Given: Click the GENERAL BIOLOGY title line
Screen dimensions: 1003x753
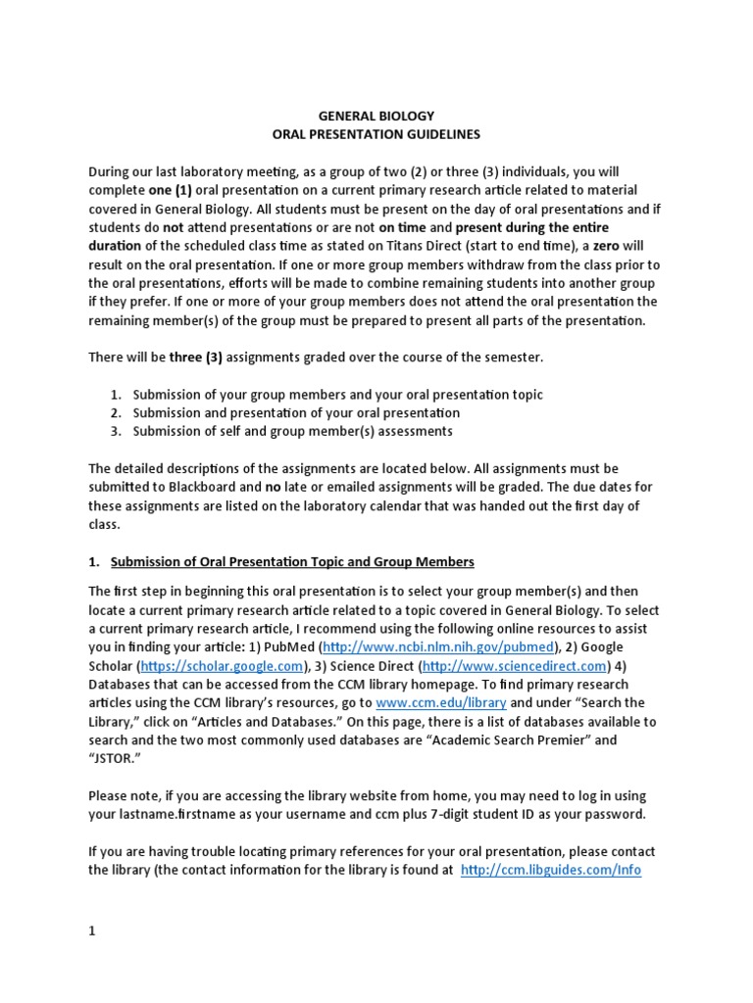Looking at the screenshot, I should (376, 116).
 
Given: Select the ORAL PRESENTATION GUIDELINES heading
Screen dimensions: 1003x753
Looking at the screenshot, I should (376, 134).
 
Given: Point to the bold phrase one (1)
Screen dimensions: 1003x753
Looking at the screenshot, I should (165, 190).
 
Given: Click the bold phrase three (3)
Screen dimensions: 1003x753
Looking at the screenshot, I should (195, 358).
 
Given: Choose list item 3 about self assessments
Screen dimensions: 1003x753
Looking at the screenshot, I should (293, 431).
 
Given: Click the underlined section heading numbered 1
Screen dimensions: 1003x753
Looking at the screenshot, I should (292, 561).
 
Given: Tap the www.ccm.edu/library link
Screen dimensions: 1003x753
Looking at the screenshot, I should (441, 703).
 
